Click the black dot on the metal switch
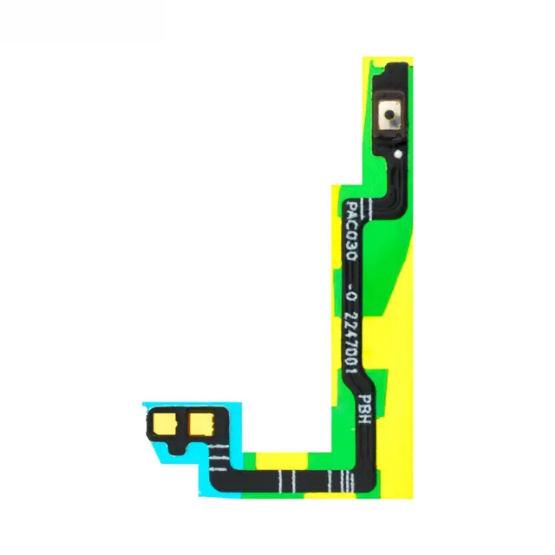pyautogui.click(x=389, y=114)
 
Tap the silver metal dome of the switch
pyautogui.click(x=389, y=114)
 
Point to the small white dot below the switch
pyautogui.click(x=398, y=154)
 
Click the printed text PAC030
pyautogui.click(x=351, y=231)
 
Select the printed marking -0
pyautogui.click(x=350, y=291)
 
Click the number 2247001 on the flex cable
pyautogui.click(x=351, y=343)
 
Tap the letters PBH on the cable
pyautogui.click(x=364, y=408)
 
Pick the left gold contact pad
pyautogui.click(x=165, y=424)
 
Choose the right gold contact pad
pyautogui.click(x=201, y=424)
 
